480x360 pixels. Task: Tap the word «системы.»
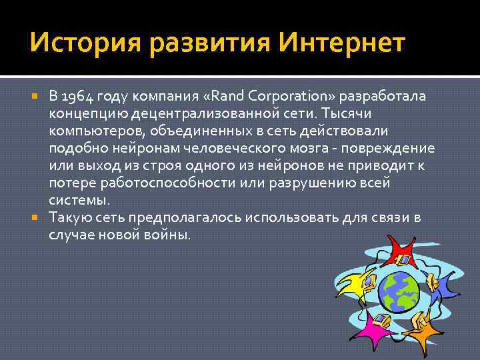[x=79, y=200]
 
